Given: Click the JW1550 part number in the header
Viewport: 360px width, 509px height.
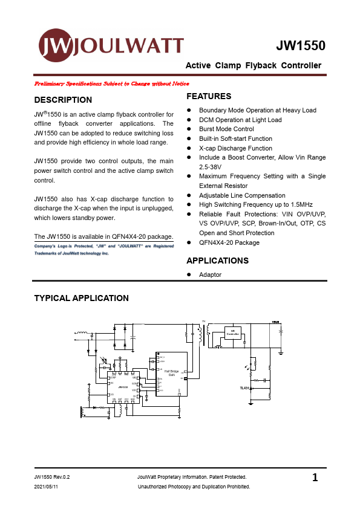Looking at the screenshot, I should tap(301, 46).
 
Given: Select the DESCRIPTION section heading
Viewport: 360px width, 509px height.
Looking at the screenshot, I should tap(64, 100).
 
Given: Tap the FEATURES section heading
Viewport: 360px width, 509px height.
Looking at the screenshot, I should tap(209, 96).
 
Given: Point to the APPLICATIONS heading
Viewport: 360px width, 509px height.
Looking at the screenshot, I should tap(217, 261).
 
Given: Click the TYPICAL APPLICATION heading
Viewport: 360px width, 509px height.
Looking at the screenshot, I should tap(82, 298).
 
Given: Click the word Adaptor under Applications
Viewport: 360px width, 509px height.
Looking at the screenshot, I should tap(210, 274).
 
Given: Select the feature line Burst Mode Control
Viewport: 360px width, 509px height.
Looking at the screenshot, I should tap(226, 129).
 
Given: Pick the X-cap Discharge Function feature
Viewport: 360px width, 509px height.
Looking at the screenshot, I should tap(235, 148).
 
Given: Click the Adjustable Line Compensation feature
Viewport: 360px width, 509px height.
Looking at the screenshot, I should tap(242, 195).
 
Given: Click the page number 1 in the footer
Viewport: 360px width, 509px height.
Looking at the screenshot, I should tap(315, 478).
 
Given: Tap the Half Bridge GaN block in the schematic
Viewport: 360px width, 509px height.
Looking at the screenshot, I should tap(171, 374).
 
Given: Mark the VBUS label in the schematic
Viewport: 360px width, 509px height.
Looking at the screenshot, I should tap(276, 322).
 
